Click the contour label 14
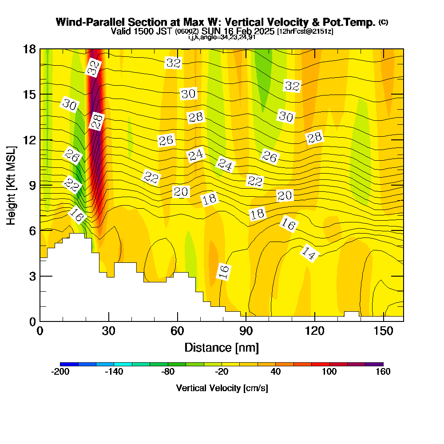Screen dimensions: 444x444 click(x=309, y=253)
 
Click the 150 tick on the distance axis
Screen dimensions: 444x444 click(x=383, y=331)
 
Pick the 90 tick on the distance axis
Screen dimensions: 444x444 click(x=246, y=331)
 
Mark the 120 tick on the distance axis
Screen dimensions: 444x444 click(x=314, y=331)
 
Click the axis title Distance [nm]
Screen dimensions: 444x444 click(x=222, y=347)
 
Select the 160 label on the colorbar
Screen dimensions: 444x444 click(x=383, y=372)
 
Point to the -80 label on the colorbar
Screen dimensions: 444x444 click(x=168, y=372)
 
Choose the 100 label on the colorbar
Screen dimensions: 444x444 click(x=329, y=372)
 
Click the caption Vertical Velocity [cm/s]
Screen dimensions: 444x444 click(x=222, y=388)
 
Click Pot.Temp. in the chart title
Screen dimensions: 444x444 click(x=353, y=22)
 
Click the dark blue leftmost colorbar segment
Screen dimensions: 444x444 click(x=69, y=364)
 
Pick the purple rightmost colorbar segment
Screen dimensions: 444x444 click(x=374, y=364)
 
